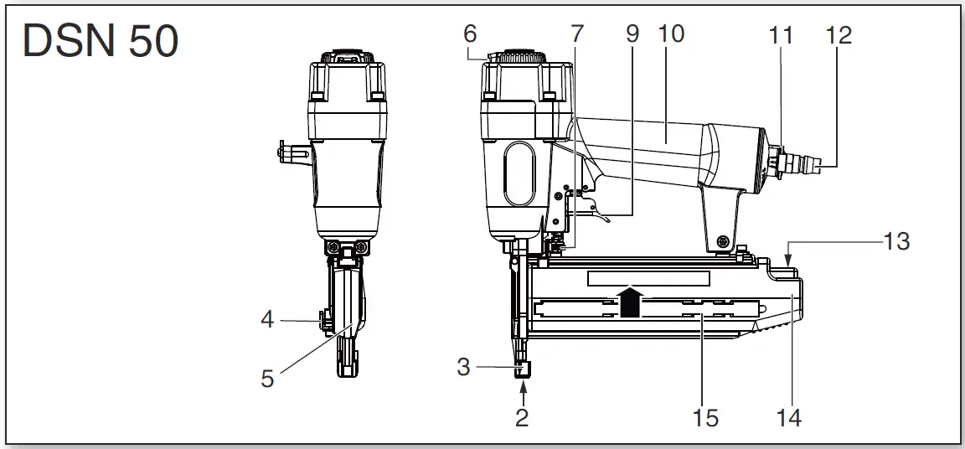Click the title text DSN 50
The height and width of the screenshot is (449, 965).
(101, 41)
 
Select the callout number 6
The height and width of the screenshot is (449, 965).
(470, 34)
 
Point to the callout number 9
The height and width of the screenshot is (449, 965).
(632, 34)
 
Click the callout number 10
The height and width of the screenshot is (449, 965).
(671, 34)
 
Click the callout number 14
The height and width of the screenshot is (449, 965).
(787, 416)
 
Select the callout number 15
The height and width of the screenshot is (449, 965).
(705, 416)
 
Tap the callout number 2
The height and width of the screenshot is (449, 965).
(522, 416)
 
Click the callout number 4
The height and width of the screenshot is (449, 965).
(266, 320)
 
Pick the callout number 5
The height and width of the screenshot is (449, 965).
(267, 379)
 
